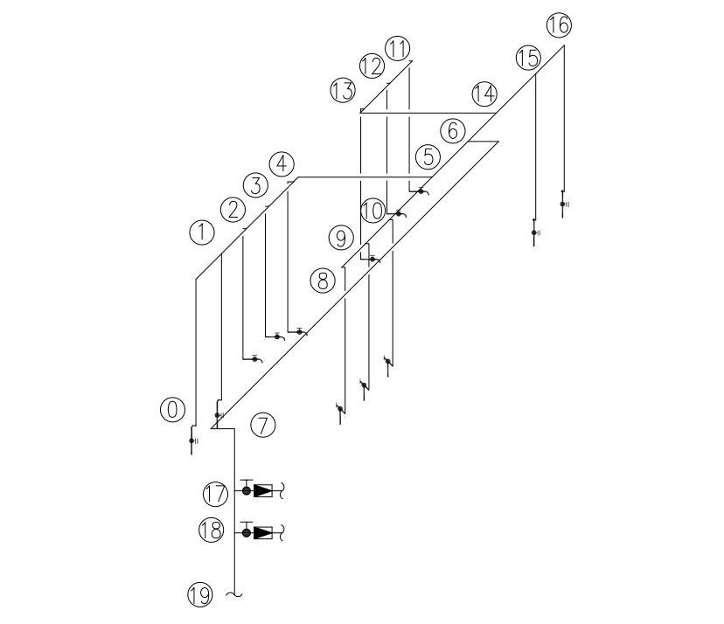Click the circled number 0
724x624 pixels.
[172, 409]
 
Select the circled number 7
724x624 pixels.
[262, 425]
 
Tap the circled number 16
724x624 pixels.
[559, 25]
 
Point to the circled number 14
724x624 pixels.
[484, 94]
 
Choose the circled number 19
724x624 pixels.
[200, 594]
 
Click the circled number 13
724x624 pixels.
[343, 90]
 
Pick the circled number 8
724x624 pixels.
[323, 281]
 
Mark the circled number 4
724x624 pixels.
[282, 164]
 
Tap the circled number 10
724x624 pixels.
[372, 211]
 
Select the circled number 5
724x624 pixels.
[428, 157]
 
